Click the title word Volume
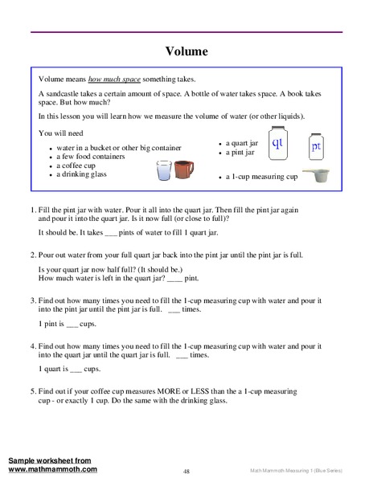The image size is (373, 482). (186, 51)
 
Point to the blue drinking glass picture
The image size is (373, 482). (163, 172)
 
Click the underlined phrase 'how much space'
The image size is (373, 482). (116, 79)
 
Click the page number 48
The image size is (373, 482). (186, 471)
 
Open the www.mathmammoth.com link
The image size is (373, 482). (53, 468)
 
